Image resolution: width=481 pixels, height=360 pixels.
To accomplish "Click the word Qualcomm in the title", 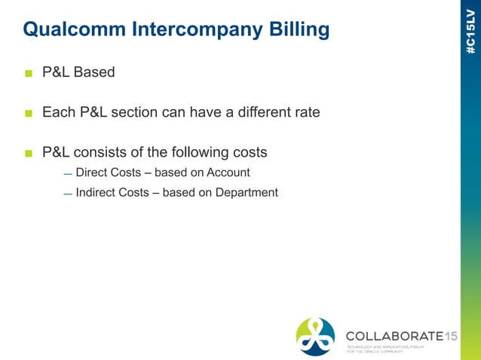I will pos(74,29).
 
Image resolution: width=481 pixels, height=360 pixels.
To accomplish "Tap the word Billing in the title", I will pos(299,29).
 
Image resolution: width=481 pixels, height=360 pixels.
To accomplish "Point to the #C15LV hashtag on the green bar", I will pos(470,31).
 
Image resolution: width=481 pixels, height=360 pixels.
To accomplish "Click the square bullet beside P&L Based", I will pos(29,73).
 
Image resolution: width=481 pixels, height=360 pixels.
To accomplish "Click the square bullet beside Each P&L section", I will pos(29,113).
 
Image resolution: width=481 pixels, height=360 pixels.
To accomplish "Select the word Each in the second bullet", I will pos(57,112).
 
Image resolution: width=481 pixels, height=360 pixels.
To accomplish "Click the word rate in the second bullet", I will pos(306,112).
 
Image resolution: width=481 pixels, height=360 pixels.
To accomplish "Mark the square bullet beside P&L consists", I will pos(29,153).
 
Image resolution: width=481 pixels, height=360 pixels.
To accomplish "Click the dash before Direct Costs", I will pos(67,174).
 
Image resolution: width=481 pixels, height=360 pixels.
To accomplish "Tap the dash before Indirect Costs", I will pos(67,194).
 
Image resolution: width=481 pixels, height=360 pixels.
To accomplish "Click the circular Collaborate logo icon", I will pos(315,336).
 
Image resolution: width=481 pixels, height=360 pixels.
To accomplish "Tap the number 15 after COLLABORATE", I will pos(450,336).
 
